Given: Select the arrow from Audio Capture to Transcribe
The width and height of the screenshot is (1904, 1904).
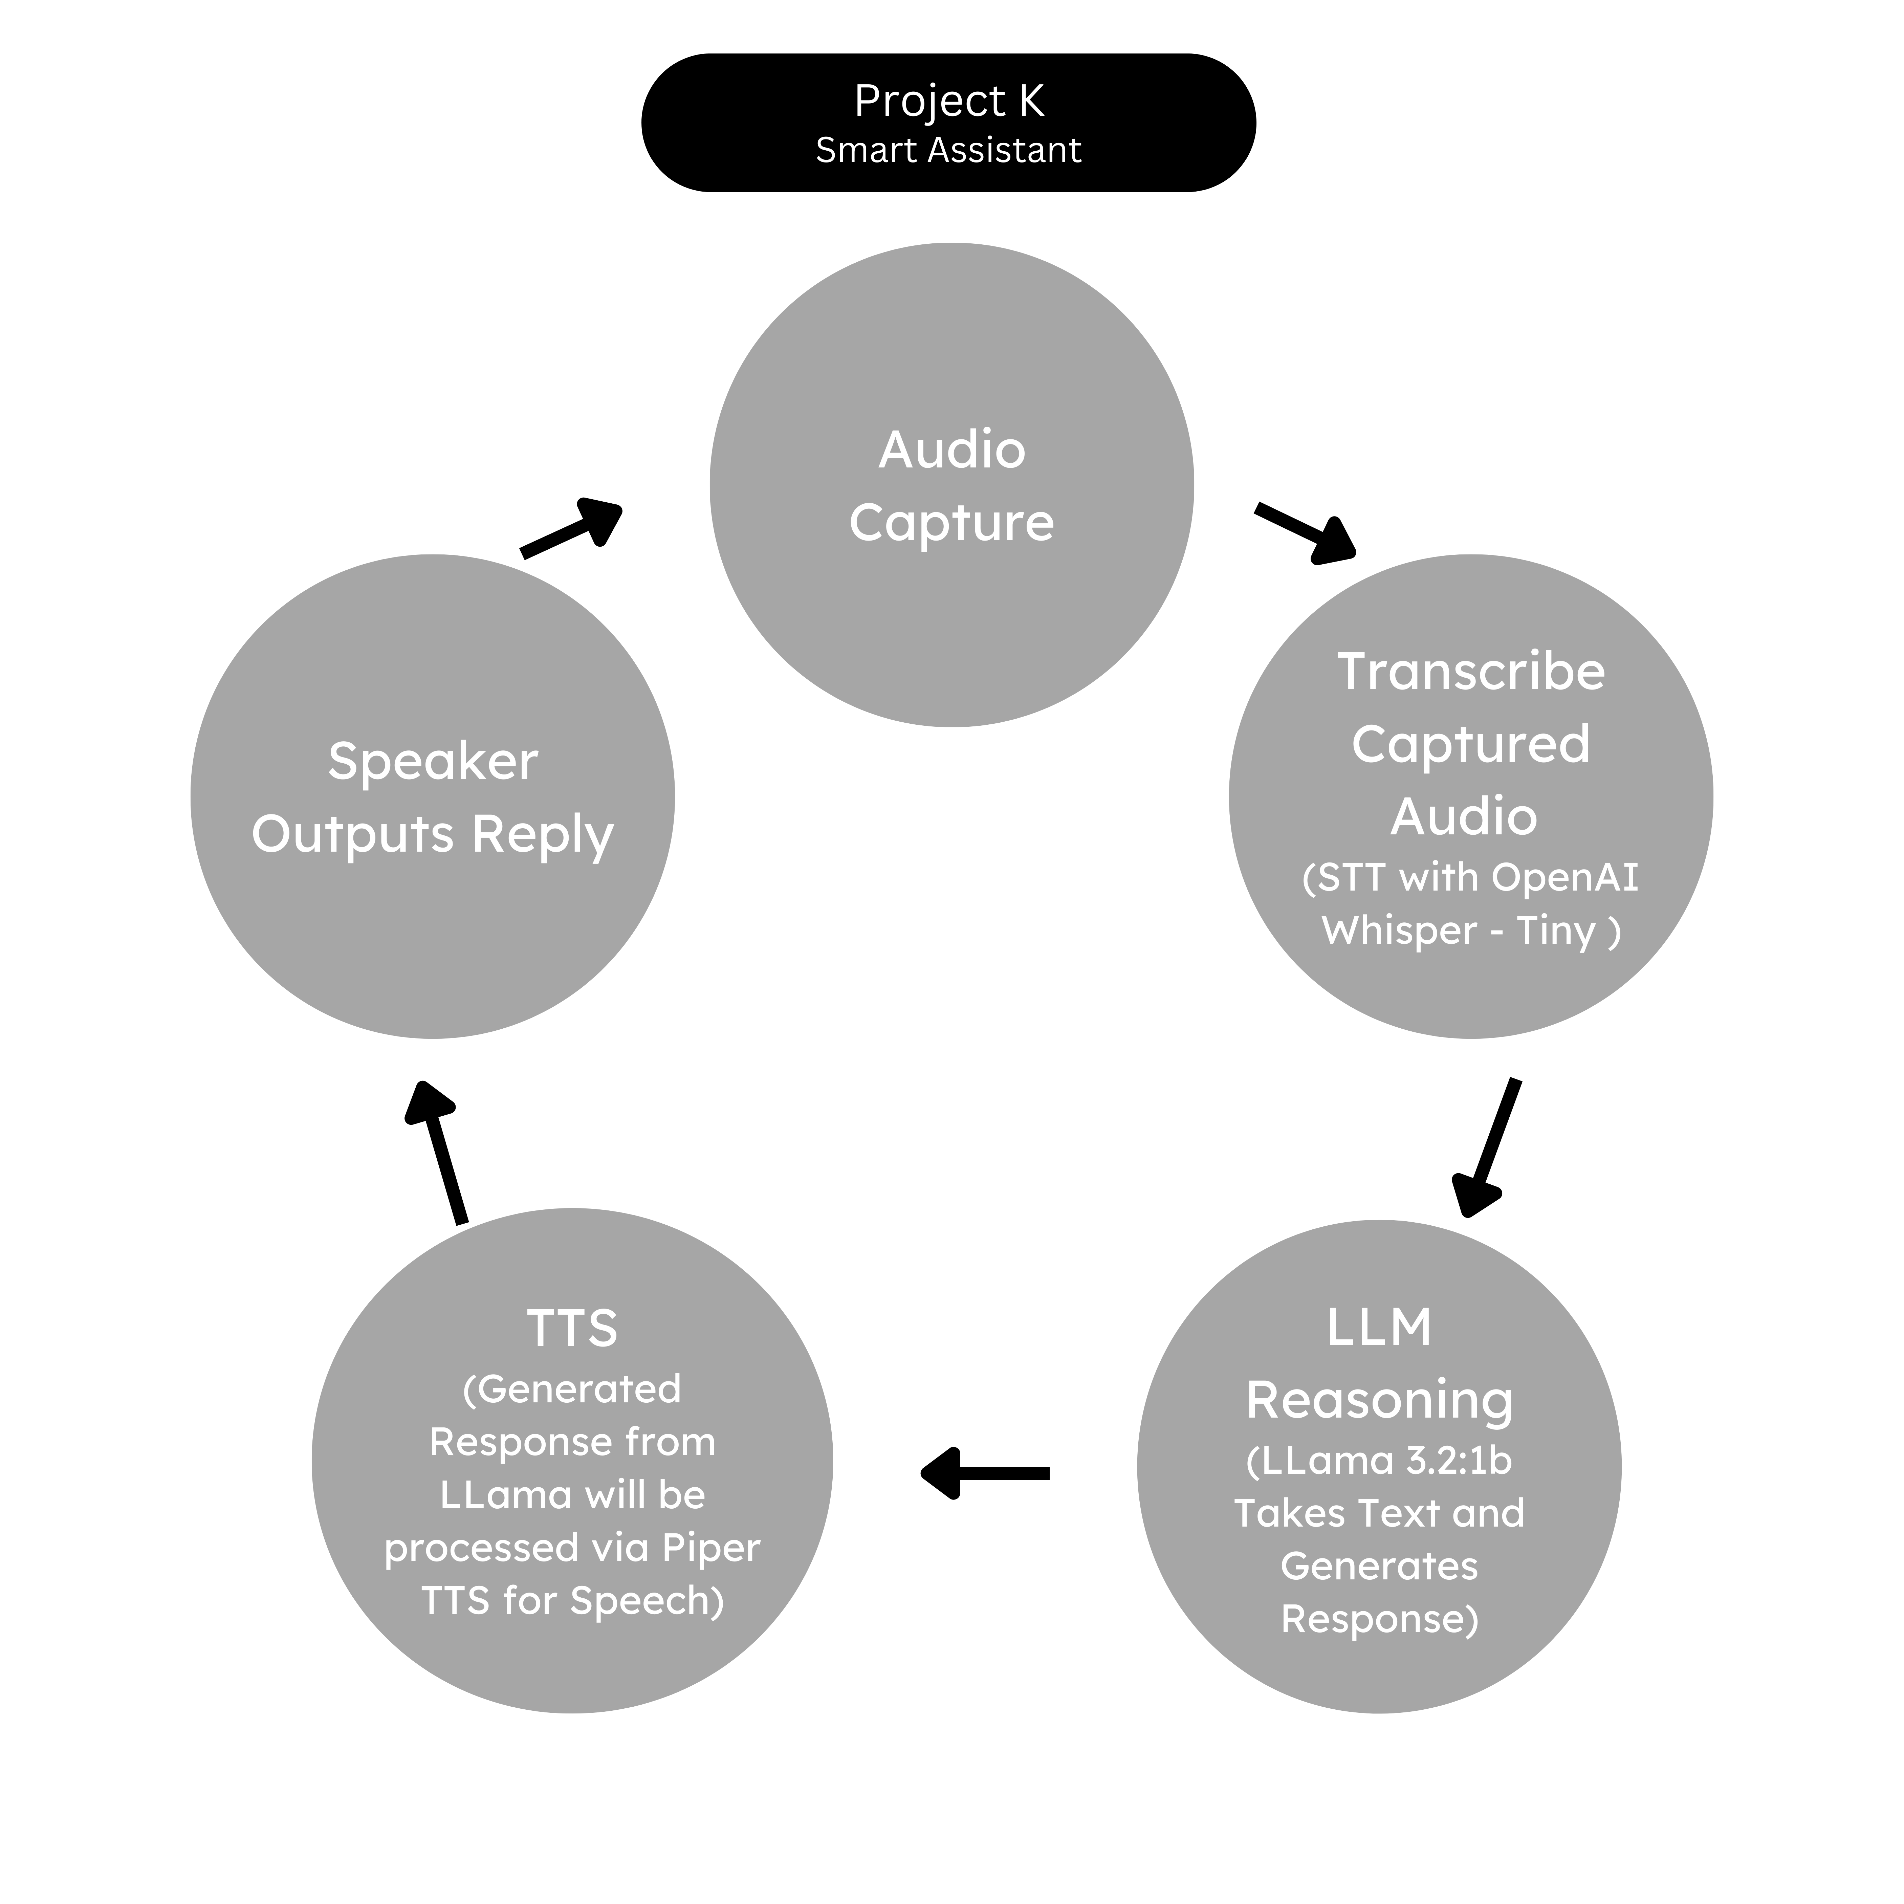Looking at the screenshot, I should tap(1304, 533).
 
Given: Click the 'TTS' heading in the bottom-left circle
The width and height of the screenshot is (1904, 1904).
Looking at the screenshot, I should tap(572, 1329).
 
